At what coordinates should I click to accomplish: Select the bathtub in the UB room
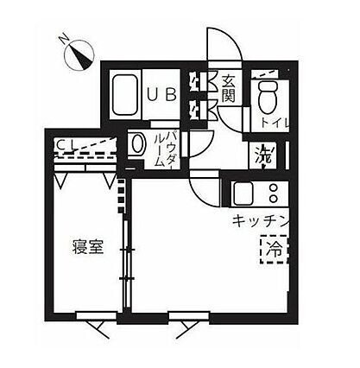[x=124, y=95]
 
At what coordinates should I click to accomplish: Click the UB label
[x=161, y=95]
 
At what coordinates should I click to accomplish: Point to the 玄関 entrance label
[x=229, y=90]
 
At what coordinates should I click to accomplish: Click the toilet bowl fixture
[x=268, y=97]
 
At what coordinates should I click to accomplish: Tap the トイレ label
[x=275, y=124]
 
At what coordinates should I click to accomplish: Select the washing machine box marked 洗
[x=263, y=155]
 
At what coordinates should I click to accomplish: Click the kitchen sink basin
[x=243, y=194]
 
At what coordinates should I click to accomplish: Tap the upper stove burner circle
[x=273, y=187]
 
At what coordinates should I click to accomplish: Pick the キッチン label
[x=260, y=221]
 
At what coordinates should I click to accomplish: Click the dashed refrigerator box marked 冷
[x=275, y=249]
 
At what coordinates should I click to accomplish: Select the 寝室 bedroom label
[x=88, y=247]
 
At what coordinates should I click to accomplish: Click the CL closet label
[x=66, y=144]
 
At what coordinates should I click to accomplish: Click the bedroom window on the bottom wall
[x=96, y=315]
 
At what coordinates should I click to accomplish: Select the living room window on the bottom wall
[x=189, y=315]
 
